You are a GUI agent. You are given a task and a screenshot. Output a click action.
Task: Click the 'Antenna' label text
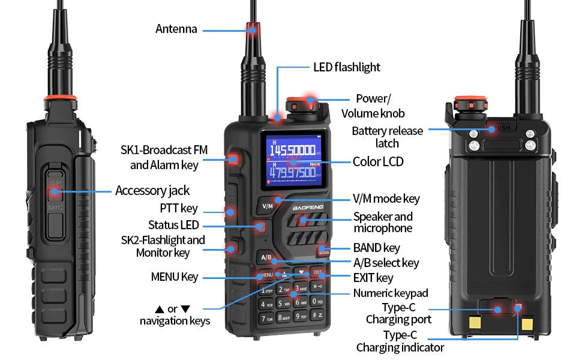pyautogui.click(x=176, y=29)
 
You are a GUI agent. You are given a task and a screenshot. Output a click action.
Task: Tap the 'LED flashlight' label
pyautogui.click(x=347, y=67)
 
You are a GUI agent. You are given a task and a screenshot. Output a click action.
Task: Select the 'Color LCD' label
pyautogui.click(x=378, y=162)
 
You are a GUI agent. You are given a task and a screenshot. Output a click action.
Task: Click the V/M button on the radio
pyautogui.click(x=267, y=206)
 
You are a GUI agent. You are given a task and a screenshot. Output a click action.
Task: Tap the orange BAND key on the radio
pyautogui.click(x=323, y=251)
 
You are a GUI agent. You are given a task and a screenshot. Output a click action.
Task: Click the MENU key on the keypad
pyautogui.click(x=266, y=275)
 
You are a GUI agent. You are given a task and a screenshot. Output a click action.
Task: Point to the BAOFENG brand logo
pyautogui.click(x=308, y=207)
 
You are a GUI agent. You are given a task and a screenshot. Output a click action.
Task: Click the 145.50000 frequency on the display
pyautogui.click(x=292, y=150)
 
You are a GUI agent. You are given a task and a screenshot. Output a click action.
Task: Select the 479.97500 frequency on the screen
pyautogui.click(x=292, y=172)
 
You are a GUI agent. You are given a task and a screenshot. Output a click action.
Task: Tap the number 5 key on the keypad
pyautogui.click(x=284, y=303)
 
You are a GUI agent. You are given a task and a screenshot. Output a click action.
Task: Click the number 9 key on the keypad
pyautogui.click(x=301, y=316)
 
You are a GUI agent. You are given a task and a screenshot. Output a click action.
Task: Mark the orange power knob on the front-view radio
pyautogui.click(x=303, y=105)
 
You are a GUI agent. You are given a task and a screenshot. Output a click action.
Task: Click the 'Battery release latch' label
pyautogui.click(x=387, y=137)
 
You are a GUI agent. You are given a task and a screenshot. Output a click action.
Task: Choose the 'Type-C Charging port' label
pyautogui.click(x=398, y=313)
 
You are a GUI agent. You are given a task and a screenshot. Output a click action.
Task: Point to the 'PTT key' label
pyautogui.click(x=179, y=208)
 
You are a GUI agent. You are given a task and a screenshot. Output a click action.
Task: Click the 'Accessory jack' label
pyautogui.click(x=152, y=191)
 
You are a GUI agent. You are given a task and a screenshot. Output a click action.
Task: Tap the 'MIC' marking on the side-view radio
pyautogui.click(x=55, y=207)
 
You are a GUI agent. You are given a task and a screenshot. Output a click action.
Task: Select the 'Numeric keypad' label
pyautogui.click(x=391, y=293)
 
